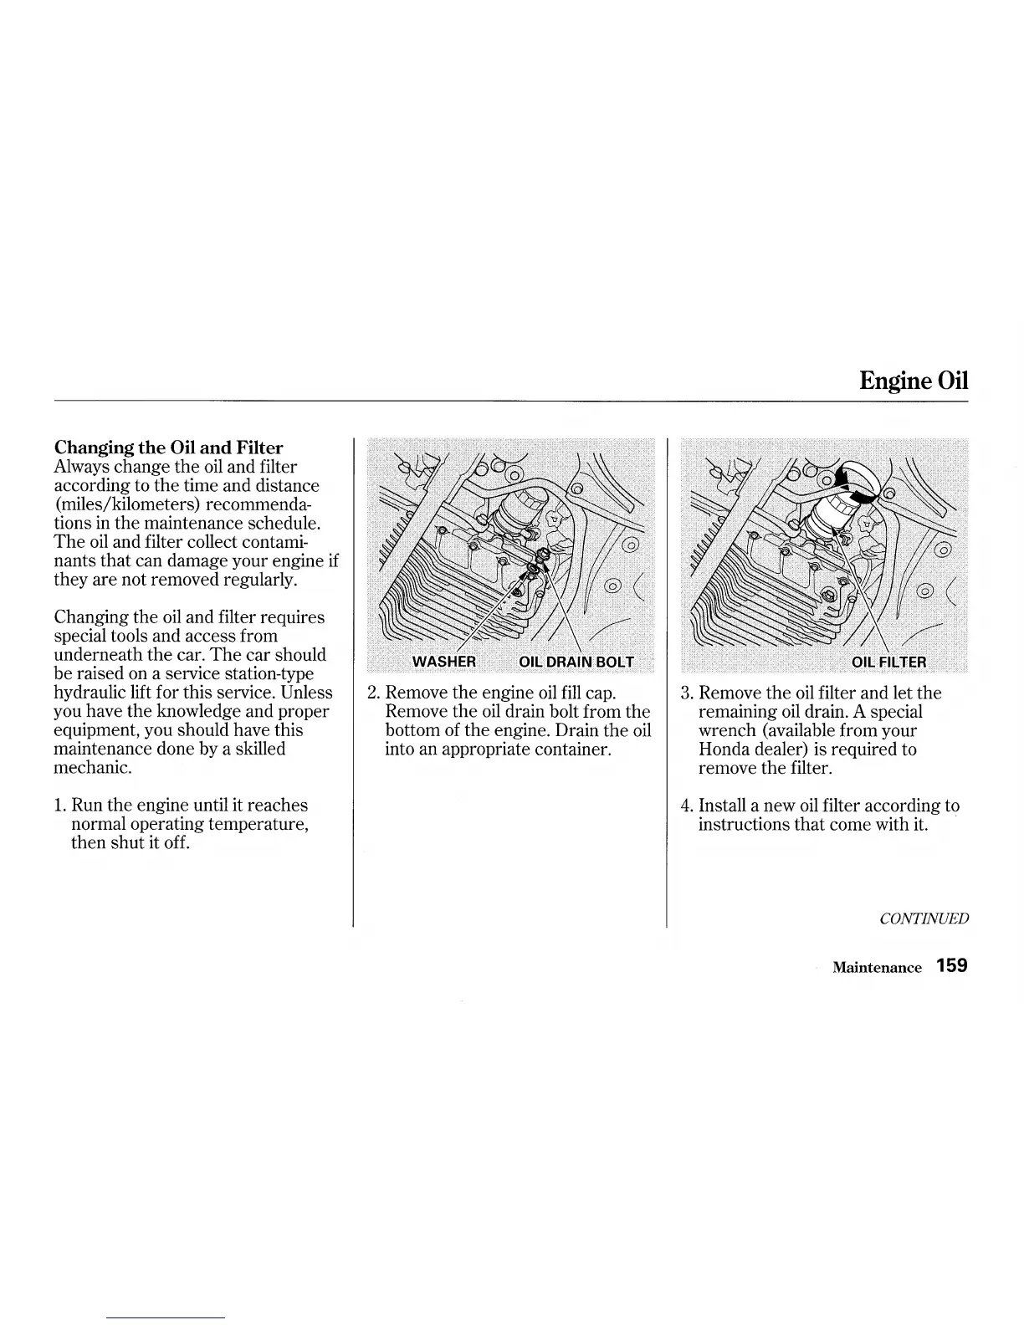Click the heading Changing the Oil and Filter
168,448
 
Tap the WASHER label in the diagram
444,662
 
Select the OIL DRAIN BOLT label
576,662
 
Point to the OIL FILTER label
888,662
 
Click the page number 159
952,965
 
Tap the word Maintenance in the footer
877,968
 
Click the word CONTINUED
924,918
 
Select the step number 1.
59,806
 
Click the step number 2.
374,693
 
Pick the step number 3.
687,693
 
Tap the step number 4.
687,806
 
